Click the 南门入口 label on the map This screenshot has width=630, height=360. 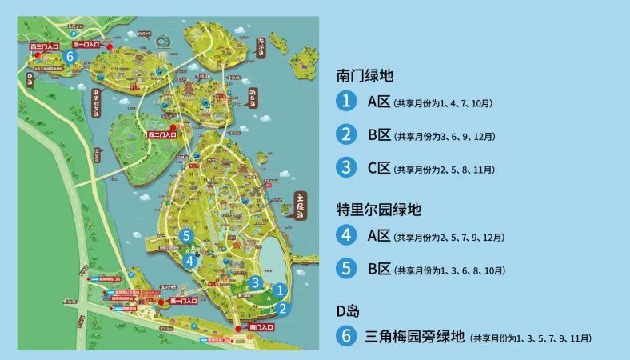262,328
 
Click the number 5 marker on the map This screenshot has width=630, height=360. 185,236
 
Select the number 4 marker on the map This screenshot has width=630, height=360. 189,259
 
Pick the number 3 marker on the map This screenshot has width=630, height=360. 255,282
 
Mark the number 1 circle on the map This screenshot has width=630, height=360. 280,290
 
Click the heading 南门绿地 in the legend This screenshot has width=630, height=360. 365,76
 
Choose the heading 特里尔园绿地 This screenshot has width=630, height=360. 379,210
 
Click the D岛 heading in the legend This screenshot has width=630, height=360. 348,310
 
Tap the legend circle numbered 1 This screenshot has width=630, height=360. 346,102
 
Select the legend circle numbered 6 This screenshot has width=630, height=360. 346,337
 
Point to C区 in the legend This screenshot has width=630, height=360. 378,168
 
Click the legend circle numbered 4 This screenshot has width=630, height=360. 346,236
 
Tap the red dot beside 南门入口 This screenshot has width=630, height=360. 238,328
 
